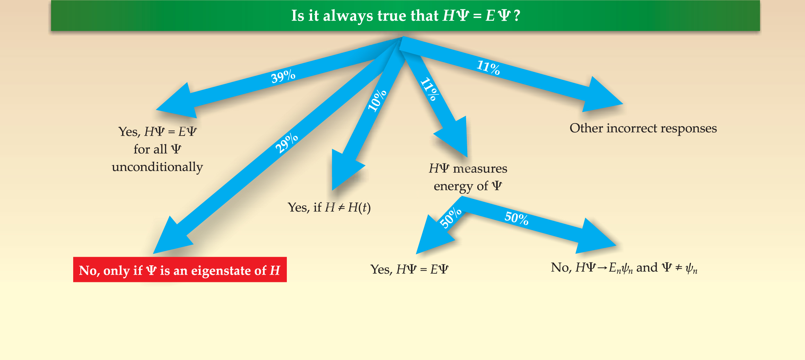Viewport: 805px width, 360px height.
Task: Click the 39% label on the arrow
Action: coord(283,76)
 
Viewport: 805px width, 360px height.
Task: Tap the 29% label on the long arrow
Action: coord(286,143)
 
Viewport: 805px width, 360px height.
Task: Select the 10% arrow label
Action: coord(377,101)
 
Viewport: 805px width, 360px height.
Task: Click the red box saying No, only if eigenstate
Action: coord(180,270)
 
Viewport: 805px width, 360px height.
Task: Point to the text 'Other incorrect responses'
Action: coord(643,128)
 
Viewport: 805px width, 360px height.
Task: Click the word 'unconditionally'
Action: coord(157,167)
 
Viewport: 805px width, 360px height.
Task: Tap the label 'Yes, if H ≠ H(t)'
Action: coord(329,207)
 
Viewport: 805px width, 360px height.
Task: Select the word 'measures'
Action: coord(480,169)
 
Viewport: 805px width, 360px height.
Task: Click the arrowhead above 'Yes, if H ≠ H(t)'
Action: coord(345,170)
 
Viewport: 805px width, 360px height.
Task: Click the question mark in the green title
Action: coord(517,16)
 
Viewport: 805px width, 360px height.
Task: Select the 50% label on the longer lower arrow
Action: coord(516,218)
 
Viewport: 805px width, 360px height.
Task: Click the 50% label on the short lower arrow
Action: coord(450,218)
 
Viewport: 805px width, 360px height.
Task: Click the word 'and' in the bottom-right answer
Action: coord(647,267)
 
